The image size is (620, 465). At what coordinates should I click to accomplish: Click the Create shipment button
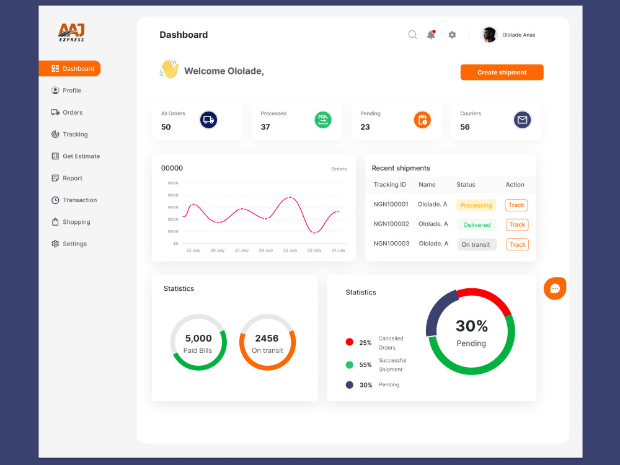502,73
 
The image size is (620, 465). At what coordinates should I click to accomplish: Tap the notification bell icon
432,35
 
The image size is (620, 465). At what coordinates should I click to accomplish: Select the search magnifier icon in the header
412,35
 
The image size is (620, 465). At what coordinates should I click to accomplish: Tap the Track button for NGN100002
517,224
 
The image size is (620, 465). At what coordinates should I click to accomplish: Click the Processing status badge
476,205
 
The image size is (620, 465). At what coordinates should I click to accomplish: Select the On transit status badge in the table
477,244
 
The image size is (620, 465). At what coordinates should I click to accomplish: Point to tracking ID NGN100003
391,244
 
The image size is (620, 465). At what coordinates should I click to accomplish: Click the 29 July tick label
290,250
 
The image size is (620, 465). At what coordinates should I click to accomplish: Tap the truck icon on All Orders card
209,120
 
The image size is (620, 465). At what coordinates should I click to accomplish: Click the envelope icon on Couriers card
522,120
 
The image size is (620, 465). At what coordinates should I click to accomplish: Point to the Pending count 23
365,127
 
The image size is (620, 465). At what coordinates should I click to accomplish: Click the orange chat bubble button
555,288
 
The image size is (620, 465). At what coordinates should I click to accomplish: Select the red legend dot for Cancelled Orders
350,342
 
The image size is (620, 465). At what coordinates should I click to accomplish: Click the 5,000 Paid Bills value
198,339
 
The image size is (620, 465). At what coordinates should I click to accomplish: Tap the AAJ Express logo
71,32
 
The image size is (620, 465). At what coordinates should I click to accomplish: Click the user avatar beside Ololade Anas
489,35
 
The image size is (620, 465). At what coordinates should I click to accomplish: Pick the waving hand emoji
169,69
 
